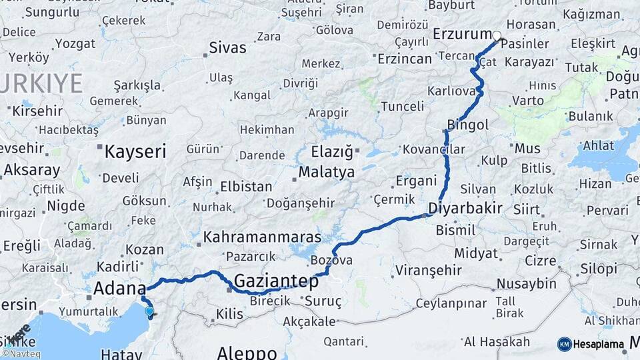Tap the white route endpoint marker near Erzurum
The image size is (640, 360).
pos(496,35)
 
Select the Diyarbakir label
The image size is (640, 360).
pos(465,208)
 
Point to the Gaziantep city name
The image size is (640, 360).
pos(276,281)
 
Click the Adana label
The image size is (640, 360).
pos(119,289)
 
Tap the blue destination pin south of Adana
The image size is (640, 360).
pos(149,311)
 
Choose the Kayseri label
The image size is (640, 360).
pos(135,151)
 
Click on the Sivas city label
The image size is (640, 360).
pos(227,48)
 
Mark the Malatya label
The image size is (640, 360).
pos(326,172)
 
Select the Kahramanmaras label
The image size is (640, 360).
pos(262,237)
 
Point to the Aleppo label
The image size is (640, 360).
pos(247,352)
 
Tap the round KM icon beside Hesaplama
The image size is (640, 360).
pos(564,345)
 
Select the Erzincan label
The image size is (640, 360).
pos(405,59)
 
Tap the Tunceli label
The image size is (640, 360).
pos(402,106)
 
